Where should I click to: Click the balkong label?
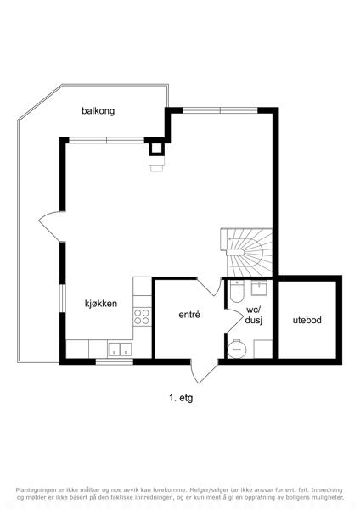point(98,111)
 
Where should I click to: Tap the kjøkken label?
point(101,304)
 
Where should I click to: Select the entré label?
point(189,315)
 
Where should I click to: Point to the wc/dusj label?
point(253,316)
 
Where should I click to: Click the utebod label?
point(307,320)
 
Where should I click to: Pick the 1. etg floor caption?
point(181,398)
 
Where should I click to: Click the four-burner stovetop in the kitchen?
point(142,316)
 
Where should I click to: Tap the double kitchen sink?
point(120,350)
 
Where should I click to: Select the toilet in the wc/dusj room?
point(236,290)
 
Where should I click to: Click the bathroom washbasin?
point(259,288)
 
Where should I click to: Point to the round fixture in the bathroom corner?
point(237,350)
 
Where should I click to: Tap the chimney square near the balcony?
point(156,148)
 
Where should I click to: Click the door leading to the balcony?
point(52,227)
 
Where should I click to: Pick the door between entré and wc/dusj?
point(233,321)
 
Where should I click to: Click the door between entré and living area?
point(209,287)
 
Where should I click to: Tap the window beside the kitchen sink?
point(115,361)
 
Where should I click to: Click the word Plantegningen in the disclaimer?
point(33,489)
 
